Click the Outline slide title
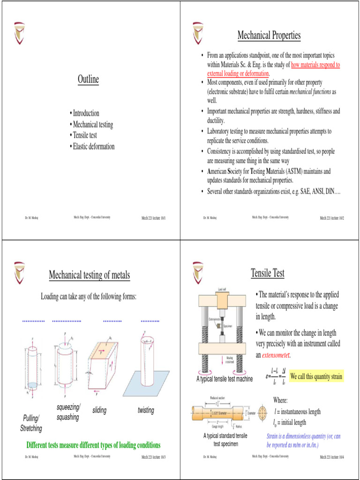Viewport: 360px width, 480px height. pos(88,79)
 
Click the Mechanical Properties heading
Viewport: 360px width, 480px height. pos(269,35)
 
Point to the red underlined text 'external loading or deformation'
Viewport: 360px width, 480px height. pos(238,74)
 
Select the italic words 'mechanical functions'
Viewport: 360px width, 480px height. pos(310,92)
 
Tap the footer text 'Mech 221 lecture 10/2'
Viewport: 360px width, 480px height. pos(332,218)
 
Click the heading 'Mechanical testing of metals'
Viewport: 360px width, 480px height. pos(90,275)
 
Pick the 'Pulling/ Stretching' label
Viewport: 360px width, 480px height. pos(31,423)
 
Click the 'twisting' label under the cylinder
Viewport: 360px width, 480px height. pos(146,410)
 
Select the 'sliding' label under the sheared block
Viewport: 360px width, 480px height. pos(99,410)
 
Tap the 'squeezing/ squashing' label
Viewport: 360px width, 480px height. pos(68,412)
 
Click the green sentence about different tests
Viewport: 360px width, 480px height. pos(93,445)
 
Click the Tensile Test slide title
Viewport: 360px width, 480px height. pos(267,273)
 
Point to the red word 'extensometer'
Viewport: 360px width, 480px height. pos(279,355)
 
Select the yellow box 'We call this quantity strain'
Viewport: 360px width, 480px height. pos(316,376)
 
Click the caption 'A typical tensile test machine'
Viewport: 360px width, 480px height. pos(225,379)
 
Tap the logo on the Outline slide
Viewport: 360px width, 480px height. pos(19,33)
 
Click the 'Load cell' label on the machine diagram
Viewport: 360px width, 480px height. pos(222,289)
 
